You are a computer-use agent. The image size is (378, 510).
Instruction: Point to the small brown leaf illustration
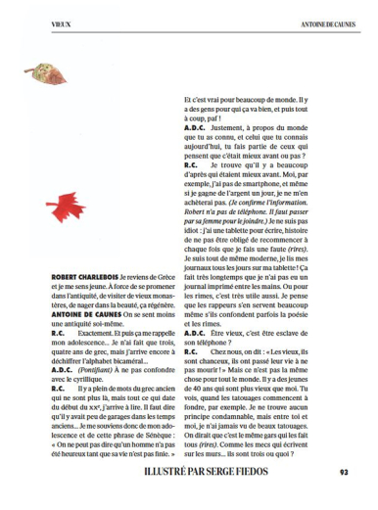click(42, 71)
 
